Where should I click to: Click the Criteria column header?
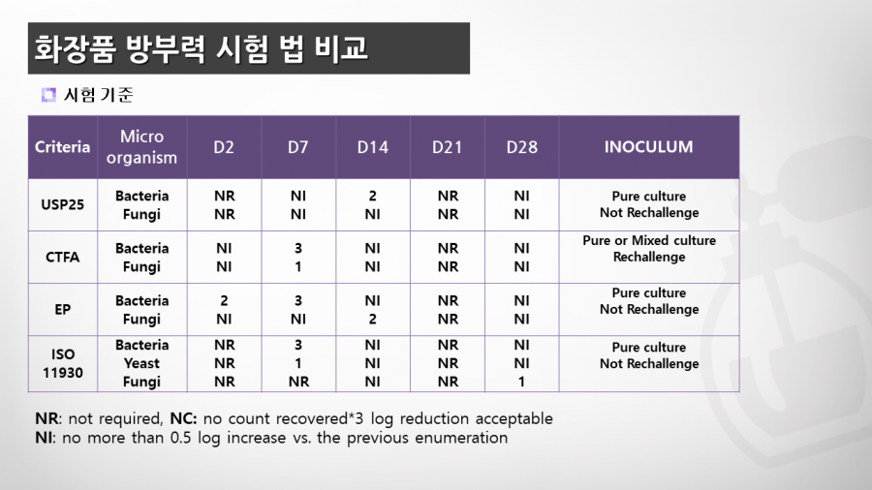tap(62, 147)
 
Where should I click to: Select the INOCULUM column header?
tap(648, 147)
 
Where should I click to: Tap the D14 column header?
tap(373, 147)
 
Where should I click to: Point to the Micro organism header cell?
tap(141, 146)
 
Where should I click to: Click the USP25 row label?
tap(62, 204)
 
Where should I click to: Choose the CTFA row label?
tap(62, 258)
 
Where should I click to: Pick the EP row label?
tap(62, 310)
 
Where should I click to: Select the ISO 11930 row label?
tap(62, 363)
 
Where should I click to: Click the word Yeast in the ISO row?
tap(141, 363)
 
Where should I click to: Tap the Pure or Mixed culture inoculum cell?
tap(649, 248)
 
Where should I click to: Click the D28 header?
tap(521, 147)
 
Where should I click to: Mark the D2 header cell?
tap(224, 147)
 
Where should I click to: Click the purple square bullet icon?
tap(48, 95)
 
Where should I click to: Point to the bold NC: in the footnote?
tap(183, 418)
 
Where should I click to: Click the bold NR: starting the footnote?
tap(47, 418)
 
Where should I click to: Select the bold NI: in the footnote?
tap(45, 438)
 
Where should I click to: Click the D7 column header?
tap(298, 147)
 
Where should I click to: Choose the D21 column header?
tap(447, 147)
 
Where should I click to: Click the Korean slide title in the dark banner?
tap(202, 48)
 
